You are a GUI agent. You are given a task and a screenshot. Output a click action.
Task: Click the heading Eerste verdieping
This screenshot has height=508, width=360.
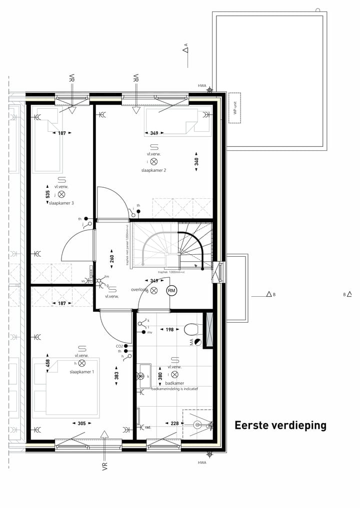click(x=280, y=426)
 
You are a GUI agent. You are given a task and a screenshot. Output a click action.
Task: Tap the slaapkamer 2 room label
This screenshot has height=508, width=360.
click(x=153, y=170)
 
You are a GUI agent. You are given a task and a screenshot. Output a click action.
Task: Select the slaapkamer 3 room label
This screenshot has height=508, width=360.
click(x=61, y=203)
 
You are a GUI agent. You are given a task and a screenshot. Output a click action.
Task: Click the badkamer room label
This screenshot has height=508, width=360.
click(x=175, y=383)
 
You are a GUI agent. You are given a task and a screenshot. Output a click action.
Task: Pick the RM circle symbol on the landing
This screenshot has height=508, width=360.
click(x=171, y=291)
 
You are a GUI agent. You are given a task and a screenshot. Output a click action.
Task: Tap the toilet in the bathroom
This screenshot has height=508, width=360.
click(x=190, y=329)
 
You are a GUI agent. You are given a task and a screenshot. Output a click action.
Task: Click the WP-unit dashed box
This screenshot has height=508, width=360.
click(x=234, y=107)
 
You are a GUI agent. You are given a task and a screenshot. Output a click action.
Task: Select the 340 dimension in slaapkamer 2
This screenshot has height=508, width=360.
click(x=196, y=162)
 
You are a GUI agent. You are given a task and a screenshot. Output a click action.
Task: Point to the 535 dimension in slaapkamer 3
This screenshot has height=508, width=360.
click(x=47, y=194)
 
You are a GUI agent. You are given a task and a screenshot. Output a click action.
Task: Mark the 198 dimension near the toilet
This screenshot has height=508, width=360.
click(x=169, y=330)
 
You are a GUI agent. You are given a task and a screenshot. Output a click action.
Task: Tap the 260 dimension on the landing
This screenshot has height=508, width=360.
click(x=112, y=258)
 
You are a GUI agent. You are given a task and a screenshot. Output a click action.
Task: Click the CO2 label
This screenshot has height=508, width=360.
click(x=119, y=346)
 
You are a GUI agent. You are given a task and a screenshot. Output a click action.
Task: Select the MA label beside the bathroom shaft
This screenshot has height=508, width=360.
click(x=191, y=342)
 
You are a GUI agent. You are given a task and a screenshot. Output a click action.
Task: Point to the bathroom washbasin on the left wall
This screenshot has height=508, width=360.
click(x=144, y=376)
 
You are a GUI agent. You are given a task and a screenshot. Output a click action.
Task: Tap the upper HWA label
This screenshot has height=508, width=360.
click(x=202, y=86)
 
